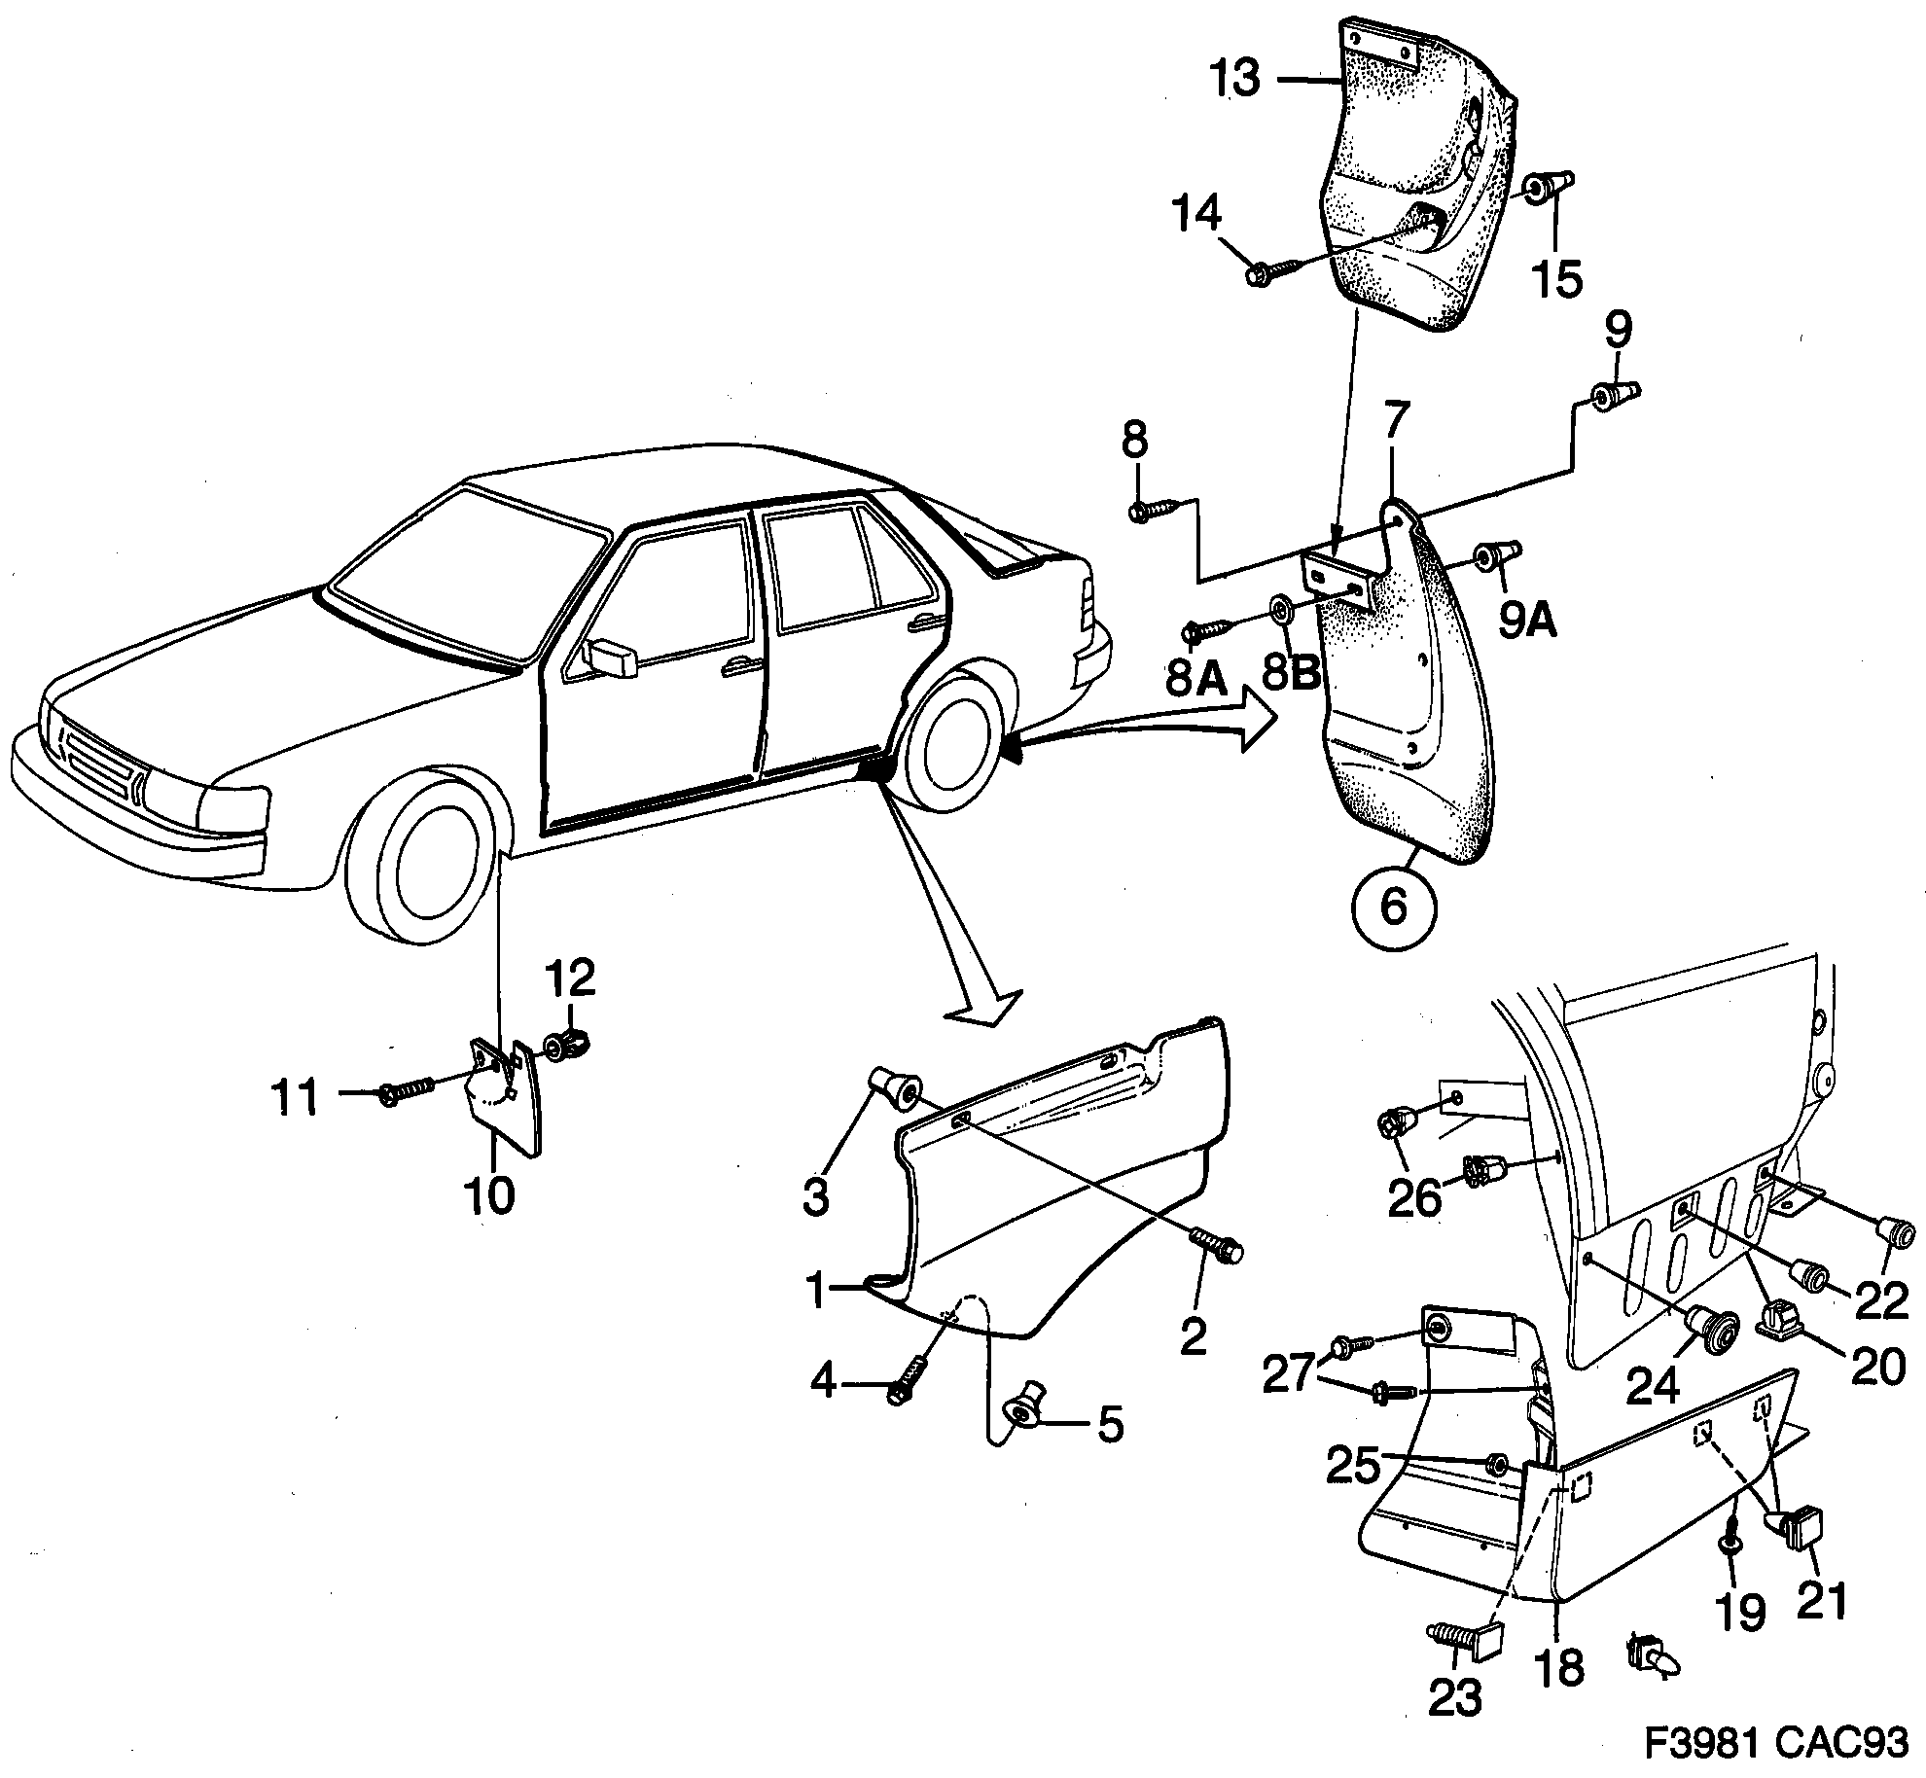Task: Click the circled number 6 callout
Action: (1393, 907)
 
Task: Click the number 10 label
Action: (489, 1195)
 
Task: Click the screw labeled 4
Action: (906, 1383)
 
